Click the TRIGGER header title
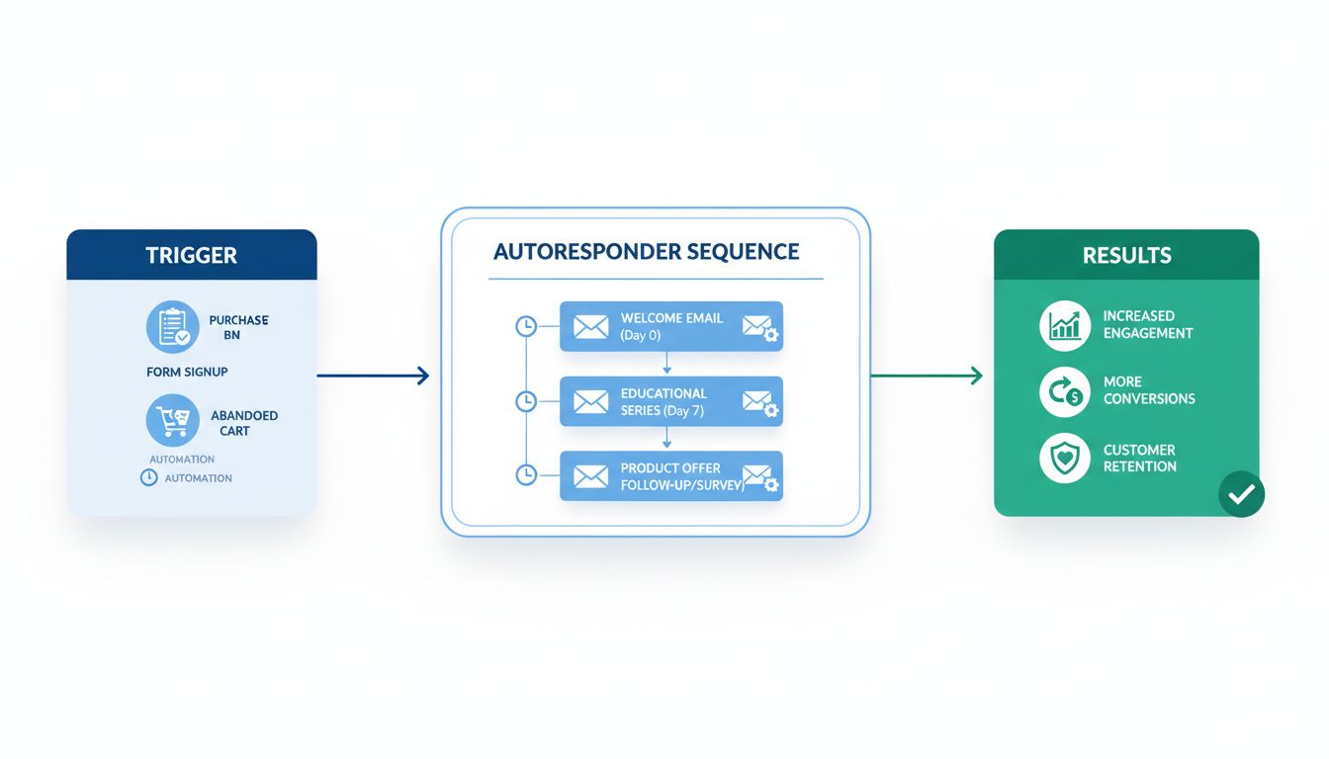[x=191, y=255]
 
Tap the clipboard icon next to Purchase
[x=172, y=327]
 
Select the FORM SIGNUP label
[x=187, y=372]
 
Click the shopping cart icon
[x=172, y=421]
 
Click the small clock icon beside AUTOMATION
[x=149, y=477]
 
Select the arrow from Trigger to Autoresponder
[x=373, y=376]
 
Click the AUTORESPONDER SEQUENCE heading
[x=646, y=251]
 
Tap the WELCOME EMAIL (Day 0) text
[x=671, y=326]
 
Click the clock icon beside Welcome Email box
[x=526, y=326]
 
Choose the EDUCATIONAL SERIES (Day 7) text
[x=664, y=401]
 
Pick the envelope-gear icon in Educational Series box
[x=759, y=402]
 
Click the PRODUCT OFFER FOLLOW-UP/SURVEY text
[x=680, y=476]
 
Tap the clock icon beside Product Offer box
[x=526, y=475]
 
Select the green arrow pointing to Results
[x=927, y=376]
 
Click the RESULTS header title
[x=1126, y=255]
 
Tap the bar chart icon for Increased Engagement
[x=1065, y=325]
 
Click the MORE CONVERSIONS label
[x=1149, y=390]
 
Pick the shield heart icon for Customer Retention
[x=1065, y=459]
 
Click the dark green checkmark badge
[x=1241, y=493]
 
